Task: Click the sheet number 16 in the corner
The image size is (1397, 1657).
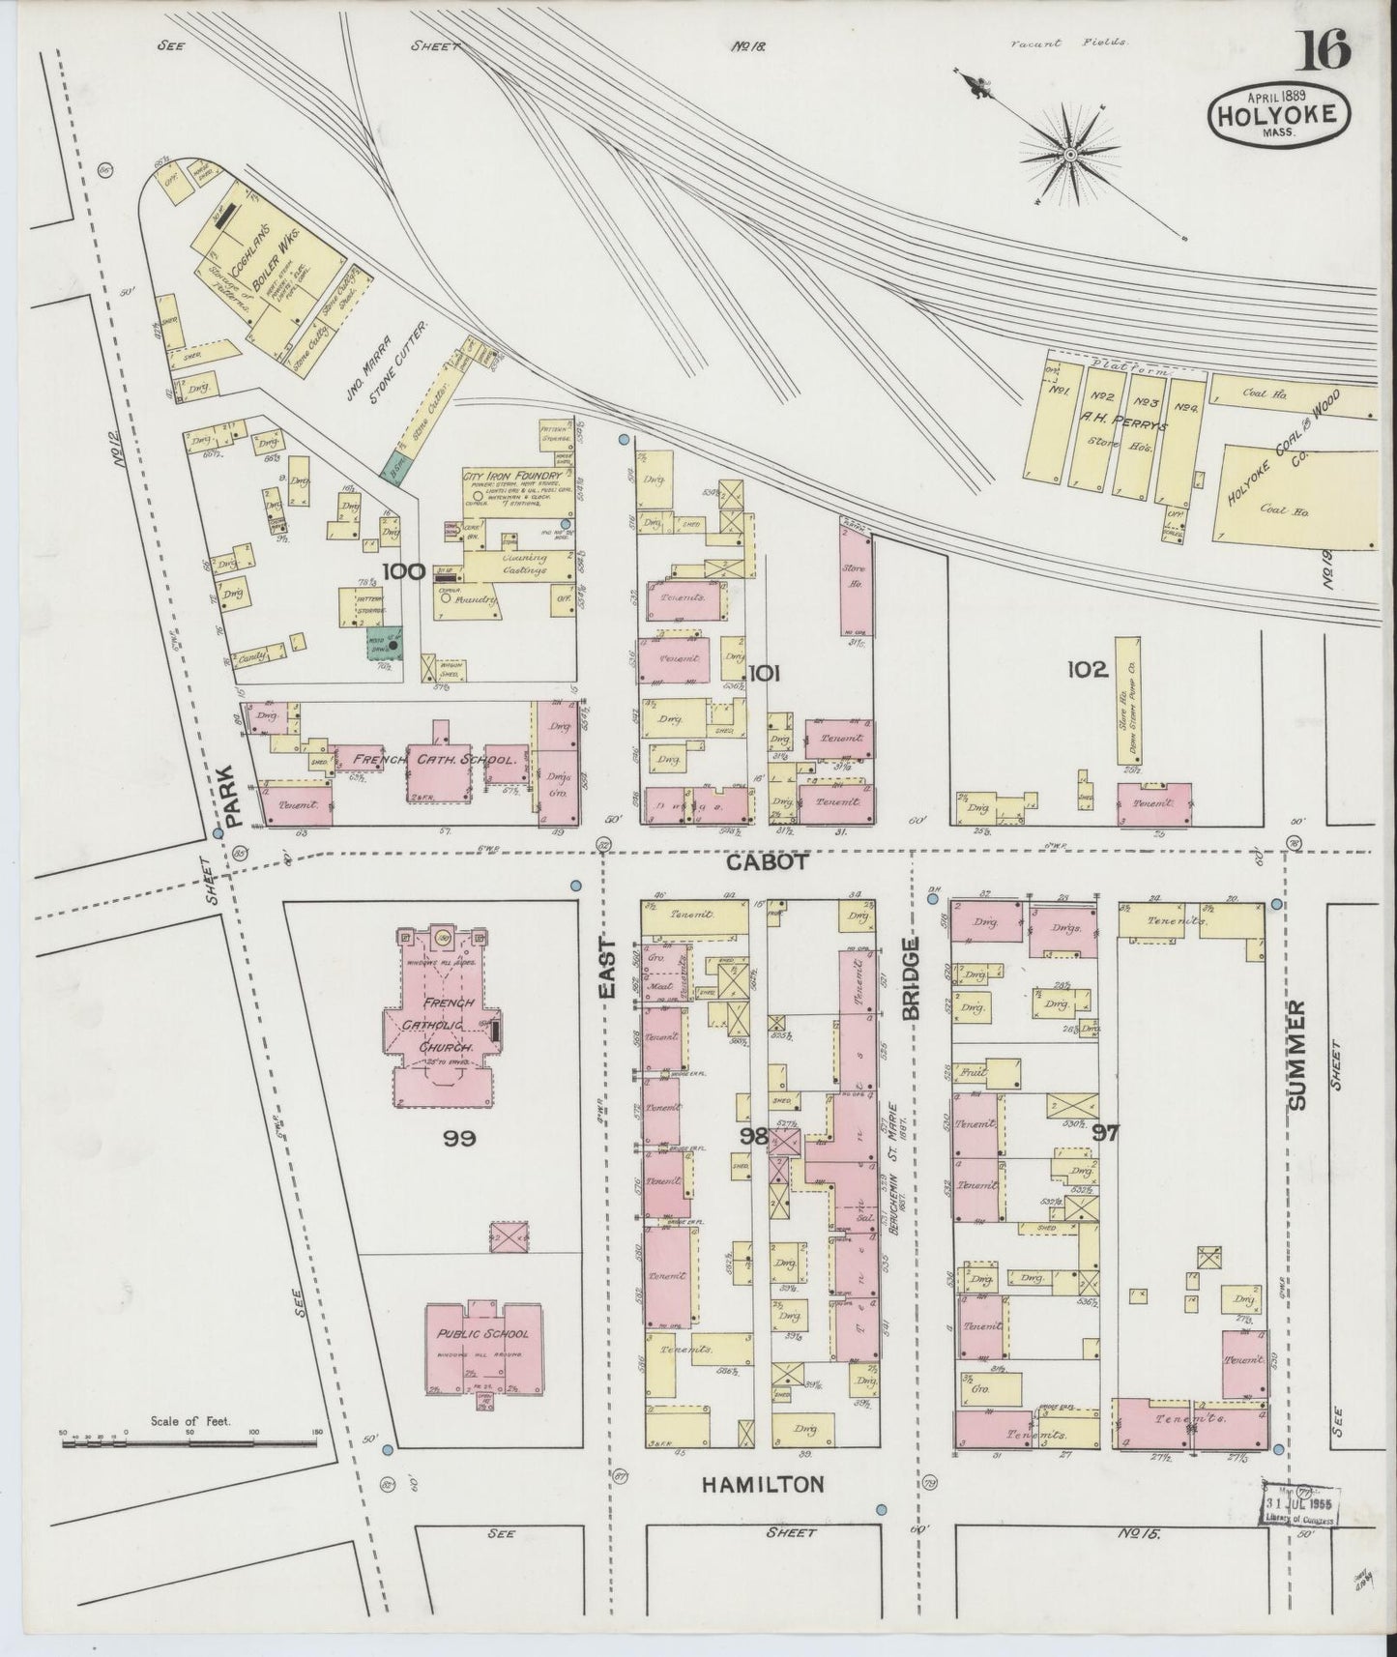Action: [x=1324, y=48]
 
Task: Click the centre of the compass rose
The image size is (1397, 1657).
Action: [x=1071, y=155]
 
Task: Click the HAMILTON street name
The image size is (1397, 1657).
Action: [x=765, y=1483]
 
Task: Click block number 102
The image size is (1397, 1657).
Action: [x=1087, y=669]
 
